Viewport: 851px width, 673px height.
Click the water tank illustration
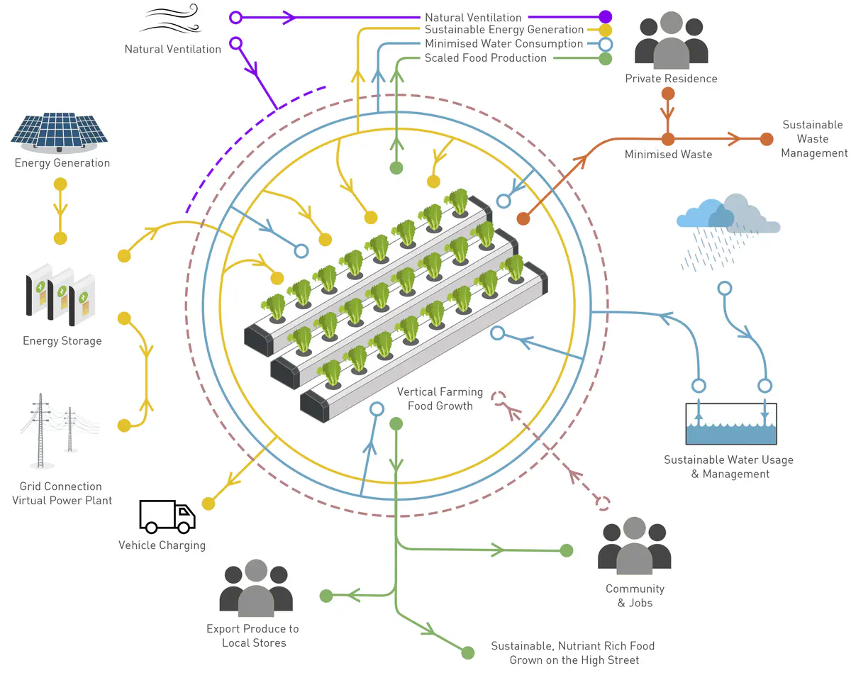(x=731, y=424)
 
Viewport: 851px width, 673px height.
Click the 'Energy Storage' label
(x=62, y=341)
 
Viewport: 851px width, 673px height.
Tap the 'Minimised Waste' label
(x=668, y=154)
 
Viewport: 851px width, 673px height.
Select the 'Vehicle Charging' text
(x=162, y=545)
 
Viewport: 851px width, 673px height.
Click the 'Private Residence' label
(x=671, y=79)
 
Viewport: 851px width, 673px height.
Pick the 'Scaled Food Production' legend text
(x=486, y=58)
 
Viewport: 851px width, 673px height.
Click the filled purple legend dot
(x=605, y=17)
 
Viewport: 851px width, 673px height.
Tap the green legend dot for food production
(x=605, y=59)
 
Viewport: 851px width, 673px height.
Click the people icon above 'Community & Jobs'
(x=635, y=546)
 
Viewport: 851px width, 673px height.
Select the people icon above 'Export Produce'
(x=256, y=589)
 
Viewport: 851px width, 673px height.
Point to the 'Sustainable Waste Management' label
(x=813, y=139)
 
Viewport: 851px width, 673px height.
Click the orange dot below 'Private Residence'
(x=667, y=94)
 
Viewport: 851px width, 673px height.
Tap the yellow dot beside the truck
(x=208, y=504)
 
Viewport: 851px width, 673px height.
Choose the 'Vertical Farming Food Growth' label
(x=440, y=399)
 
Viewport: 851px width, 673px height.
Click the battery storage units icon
(x=60, y=290)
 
